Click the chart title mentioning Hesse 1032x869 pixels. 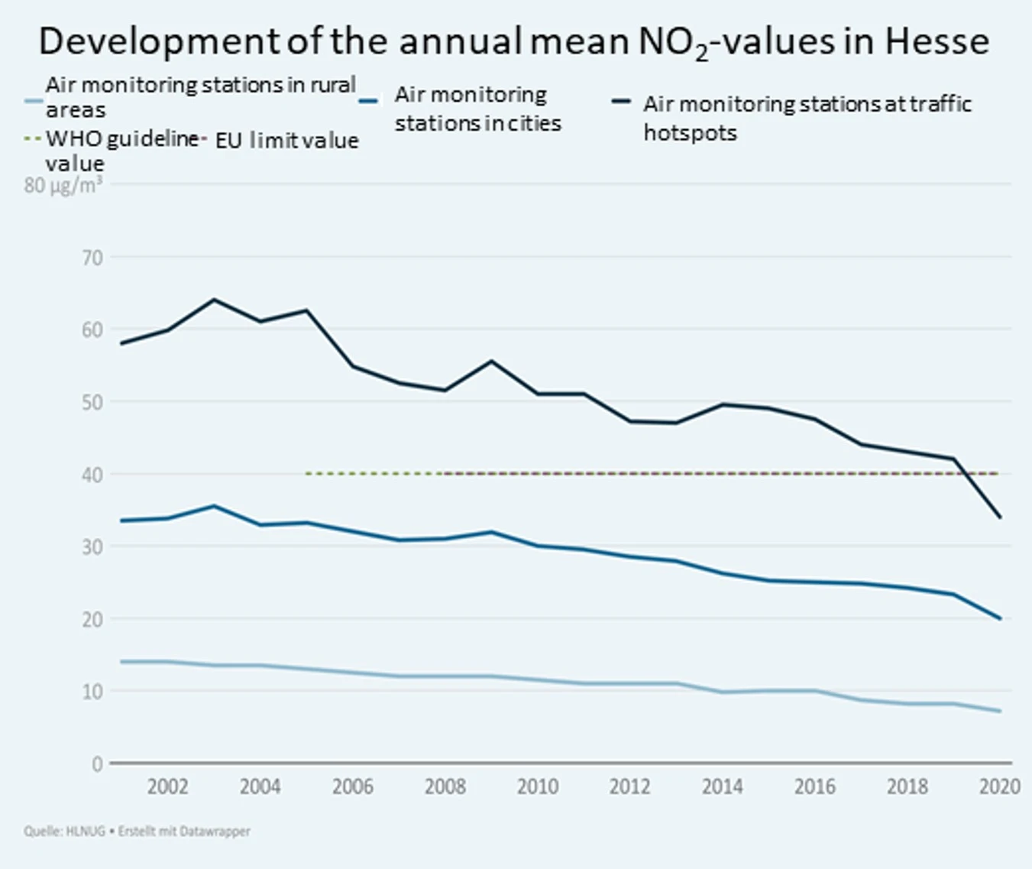[x=514, y=42]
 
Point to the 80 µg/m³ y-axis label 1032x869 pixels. [x=63, y=186]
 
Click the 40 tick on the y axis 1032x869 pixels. [x=92, y=475]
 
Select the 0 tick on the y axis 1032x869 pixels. [x=97, y=764]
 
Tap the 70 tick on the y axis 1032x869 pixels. [x=92, y=258]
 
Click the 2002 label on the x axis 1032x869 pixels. [x=167, y=786]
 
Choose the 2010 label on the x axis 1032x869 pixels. [x=538, y=786]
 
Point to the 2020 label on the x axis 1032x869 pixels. [x=1000, y=786]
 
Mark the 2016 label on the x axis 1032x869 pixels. [x=815, y=786]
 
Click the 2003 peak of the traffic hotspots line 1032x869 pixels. [x=214, y=300]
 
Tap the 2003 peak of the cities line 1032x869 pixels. [x=214, y=506]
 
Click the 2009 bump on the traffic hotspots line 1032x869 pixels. [x=491, y=361]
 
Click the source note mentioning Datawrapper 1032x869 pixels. [x=137, y=832]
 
